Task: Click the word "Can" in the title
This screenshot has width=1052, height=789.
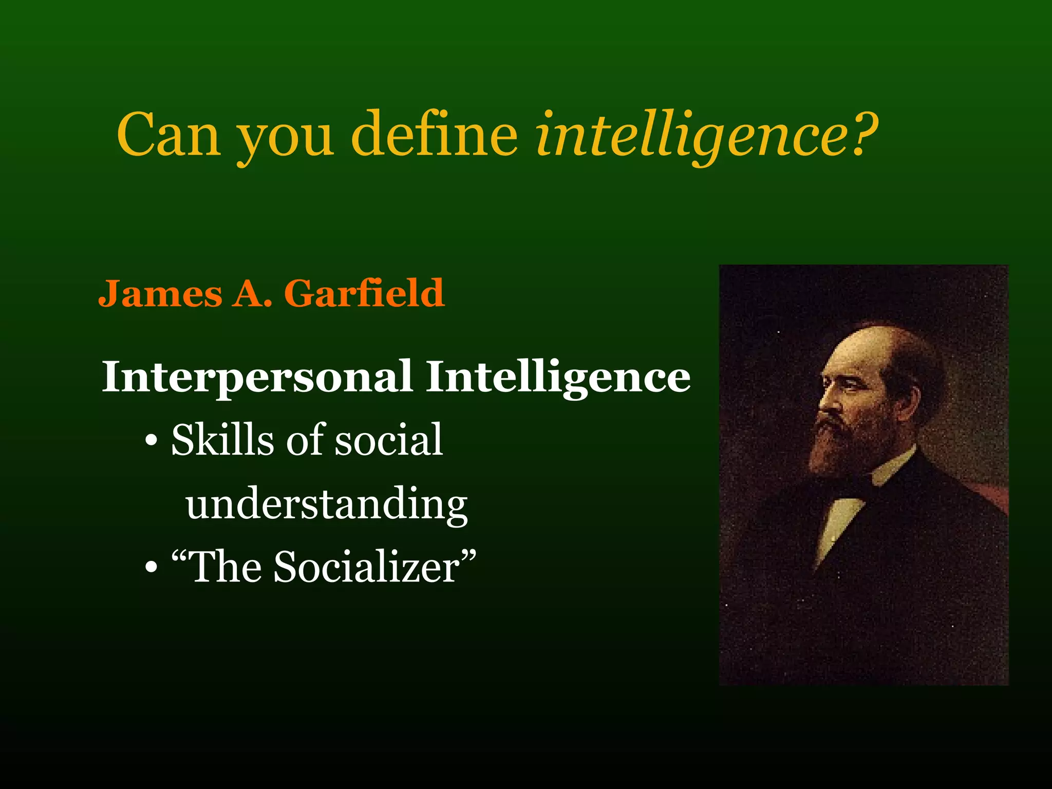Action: (x=169, y=135)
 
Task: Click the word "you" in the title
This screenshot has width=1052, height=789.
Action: (x=286, y=139)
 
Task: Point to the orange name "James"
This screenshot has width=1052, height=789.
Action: (x=160, y=293)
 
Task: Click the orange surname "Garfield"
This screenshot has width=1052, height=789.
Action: (x=364, y=293)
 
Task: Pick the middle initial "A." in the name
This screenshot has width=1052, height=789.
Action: (x=252, y=293)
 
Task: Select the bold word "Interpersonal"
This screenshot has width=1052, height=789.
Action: (x=257, y=378)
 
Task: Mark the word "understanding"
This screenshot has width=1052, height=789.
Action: (x=327, y=504)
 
